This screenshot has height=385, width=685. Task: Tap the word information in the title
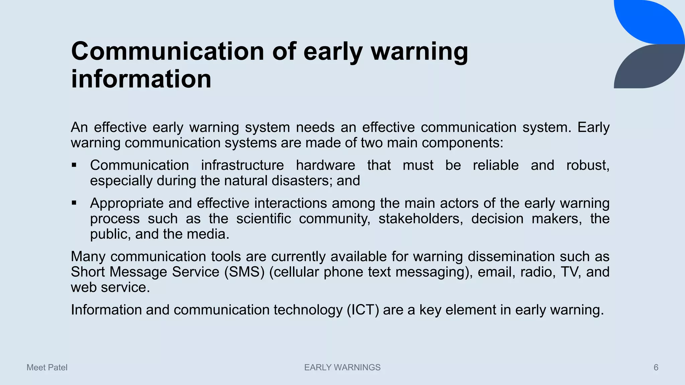[x=141, y=80]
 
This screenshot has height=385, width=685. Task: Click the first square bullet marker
[x=74, y=165]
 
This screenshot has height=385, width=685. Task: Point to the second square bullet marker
[x=74, y=203]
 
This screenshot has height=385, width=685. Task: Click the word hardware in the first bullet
[x=325, y=165]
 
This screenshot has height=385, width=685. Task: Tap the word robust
[x=587, y=165]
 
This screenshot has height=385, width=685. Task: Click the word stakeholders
[x=420, y=219]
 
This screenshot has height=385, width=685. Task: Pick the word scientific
[x=263, y=219]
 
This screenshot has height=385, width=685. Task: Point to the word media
[x=208, y=234]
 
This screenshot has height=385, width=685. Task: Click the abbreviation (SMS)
[x=244, y=272]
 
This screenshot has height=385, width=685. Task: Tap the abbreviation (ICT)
[x=363, y=310]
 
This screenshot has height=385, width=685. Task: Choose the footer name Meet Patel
[x=47, y=368]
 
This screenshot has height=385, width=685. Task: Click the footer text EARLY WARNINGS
[x=342, y=368]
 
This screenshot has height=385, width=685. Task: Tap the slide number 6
[x=656, y=368]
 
